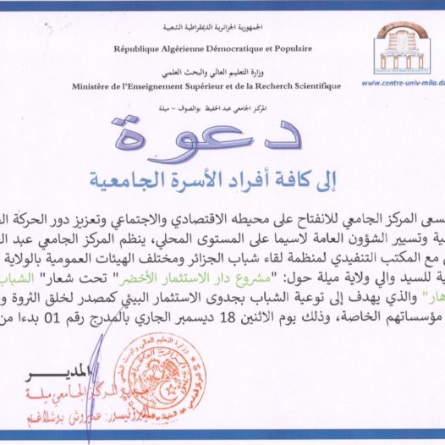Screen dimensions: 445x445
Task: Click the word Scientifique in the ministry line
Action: [310, 86]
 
